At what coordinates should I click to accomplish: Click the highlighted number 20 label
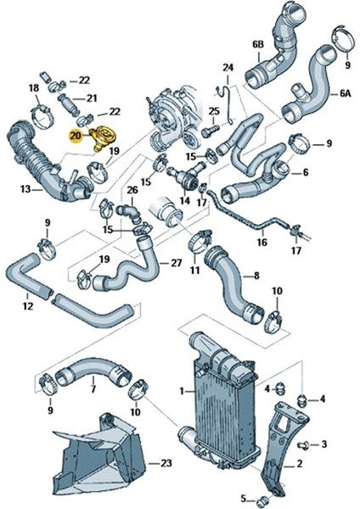click(76, 137)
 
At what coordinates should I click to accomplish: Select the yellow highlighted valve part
click(103, 137)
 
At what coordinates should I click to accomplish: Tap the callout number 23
click(166, 463)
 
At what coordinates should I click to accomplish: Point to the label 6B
click(258, 45)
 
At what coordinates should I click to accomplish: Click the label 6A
click(346, 94)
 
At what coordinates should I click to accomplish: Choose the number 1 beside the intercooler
click(183, 391)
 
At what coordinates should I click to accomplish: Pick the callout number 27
click(176, 263)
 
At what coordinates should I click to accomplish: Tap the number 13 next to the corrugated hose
click(25, 188)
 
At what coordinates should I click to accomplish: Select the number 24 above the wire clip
click(228, 68)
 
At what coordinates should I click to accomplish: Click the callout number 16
click(262, 242)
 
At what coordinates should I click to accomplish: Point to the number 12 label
click(28, 305)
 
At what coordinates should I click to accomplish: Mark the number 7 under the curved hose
click(93, 389)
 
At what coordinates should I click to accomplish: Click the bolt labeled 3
click(302, 445)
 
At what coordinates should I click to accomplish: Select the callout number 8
click(256, 276)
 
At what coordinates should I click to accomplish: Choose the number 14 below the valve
click(185, 201)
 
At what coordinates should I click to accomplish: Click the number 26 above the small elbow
click(132, 190)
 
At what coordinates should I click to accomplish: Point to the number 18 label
click(34, 88)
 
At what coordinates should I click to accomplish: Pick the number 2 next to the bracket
click(299, 463)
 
